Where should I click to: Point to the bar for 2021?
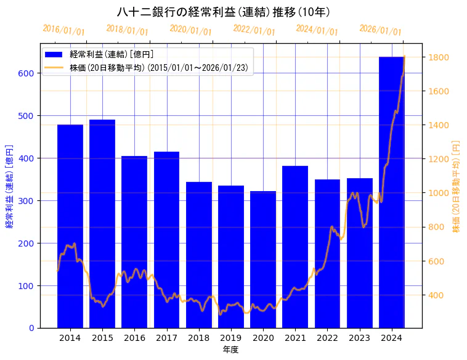(x=295, y=247)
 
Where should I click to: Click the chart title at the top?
(x=224, y=12)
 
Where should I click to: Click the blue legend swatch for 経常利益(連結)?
(x=55, y=54)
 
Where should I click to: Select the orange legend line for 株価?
(x=55, y=68)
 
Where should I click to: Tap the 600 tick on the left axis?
(x=30, y=73)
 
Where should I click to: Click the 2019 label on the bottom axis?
(x=231, y=338)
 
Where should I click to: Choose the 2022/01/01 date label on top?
(x=254, y=30)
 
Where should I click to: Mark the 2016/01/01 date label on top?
(x=63, y=30)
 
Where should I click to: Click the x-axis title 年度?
(x=231, y=350)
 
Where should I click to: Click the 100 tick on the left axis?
(x=30, y=285)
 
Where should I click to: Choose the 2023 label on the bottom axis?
(x=360, y=338)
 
